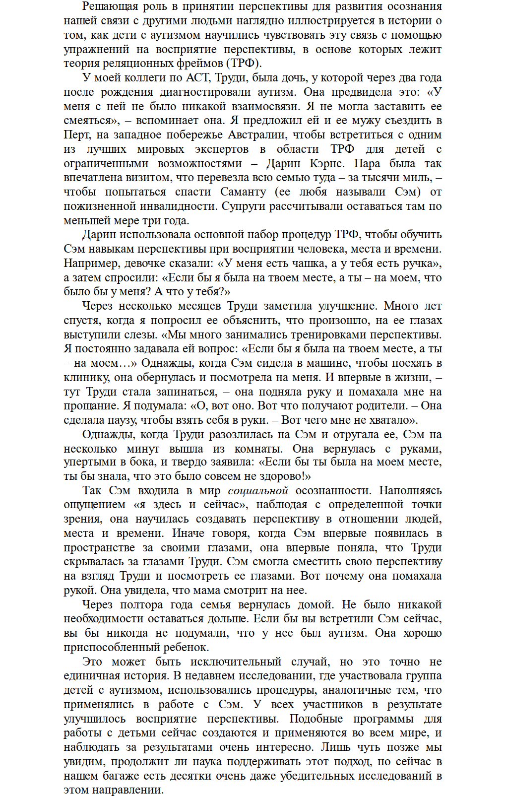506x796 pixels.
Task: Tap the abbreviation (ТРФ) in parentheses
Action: point(243,64)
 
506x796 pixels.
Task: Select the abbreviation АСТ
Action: point(197,78)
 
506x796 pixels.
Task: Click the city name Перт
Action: point(77,135)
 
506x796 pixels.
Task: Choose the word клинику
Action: point(83,378)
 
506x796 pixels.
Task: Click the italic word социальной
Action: point(258,491)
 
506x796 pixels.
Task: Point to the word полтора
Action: point(141,605)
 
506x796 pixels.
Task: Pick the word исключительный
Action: point(236,663)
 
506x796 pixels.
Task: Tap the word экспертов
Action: point(221,149)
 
